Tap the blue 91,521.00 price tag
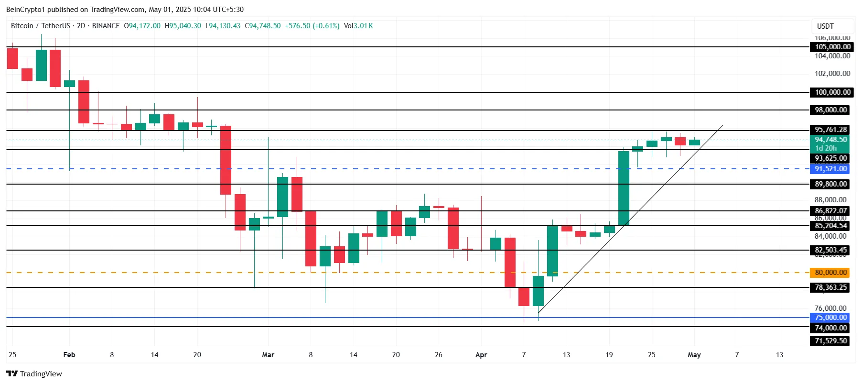point(830,169)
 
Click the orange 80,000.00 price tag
point(830,273)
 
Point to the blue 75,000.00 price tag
point(830,318)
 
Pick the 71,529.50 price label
point(830,341)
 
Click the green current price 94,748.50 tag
point(830,140)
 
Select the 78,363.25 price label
point(830,287)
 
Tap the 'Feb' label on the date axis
point(69,355)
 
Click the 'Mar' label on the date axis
point(268,355)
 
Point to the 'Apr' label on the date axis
point(481,355)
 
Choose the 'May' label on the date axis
point(694,355)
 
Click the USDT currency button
point(825,26)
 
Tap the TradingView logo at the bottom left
point(34,373)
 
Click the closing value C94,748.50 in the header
point(263,26)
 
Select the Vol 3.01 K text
point(358,26)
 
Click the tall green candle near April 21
point(624,188)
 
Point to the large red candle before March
point(226,160)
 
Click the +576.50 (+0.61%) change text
point(312,26)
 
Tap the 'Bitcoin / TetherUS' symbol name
point(41,26)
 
